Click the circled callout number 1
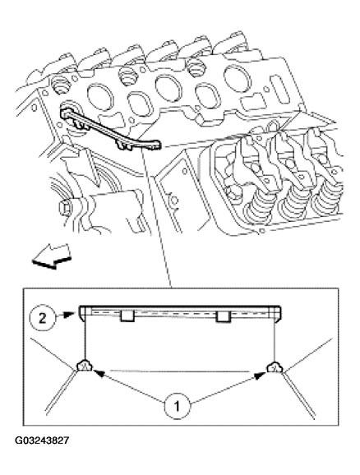[x=178, y=406]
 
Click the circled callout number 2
[x=43, y=318]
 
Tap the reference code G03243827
[x=42, y=440]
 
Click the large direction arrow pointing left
[x=52, y=256]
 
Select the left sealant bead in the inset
[x=85, y=367]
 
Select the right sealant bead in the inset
[x=275, y=367]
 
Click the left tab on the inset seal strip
[x=127, y=316]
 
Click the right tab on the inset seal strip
[x=223, y=316]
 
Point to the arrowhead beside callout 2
[x=69, y=315]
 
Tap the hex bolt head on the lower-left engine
[x=65, y=208]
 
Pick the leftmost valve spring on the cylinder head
[x=259, y=206]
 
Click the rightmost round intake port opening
[x=238, y=79]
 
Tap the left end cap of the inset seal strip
[x=82, y=314]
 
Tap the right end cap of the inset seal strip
[x=278, y=314]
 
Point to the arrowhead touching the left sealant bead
[x=99, y=374]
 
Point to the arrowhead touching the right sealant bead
[x=260, y=376]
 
